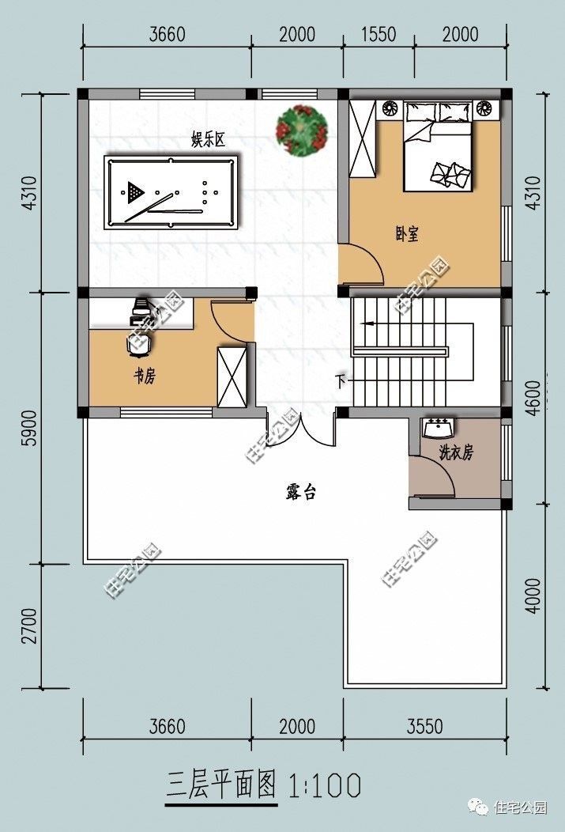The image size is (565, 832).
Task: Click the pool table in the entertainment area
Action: click(x=171, y=192)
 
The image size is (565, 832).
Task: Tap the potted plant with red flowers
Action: click(x=302, y=131)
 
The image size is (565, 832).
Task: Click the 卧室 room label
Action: click(x=407, y=233)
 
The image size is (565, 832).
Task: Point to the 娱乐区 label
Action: click(x=209, y=140)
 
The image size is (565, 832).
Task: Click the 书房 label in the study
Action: click(x=144, y=376)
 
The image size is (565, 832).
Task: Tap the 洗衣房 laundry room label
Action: click(x=456, y=452)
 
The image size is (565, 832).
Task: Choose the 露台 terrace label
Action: click(x=300, y=492)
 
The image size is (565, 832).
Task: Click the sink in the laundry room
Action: click(x=438, y=428)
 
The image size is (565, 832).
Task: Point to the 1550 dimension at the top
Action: click(x=379, y=35)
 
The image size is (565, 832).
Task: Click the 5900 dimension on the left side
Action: click(x=31, y=428)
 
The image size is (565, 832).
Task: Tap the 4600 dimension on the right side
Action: click(x=534, y=398)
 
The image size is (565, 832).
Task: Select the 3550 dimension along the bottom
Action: click(x=424, y=726)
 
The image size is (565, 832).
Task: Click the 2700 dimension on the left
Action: click(x=31, y=626)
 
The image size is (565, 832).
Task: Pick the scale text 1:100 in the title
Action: click(x=324, y=786)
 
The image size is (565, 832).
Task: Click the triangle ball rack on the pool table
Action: click(x=134, y=191)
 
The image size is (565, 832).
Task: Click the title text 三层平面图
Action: click(x=221, y=785)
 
